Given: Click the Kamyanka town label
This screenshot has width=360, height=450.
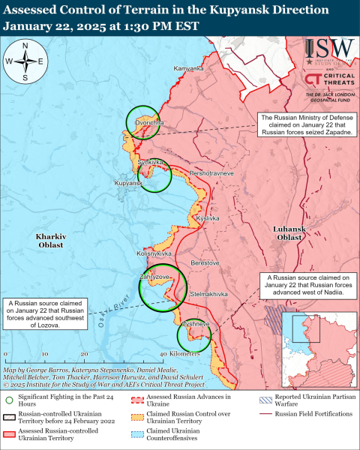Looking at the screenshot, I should [189, 69].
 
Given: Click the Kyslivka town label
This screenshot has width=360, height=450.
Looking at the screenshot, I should [207, 217].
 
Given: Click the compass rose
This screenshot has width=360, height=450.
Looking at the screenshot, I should [25, 62].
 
